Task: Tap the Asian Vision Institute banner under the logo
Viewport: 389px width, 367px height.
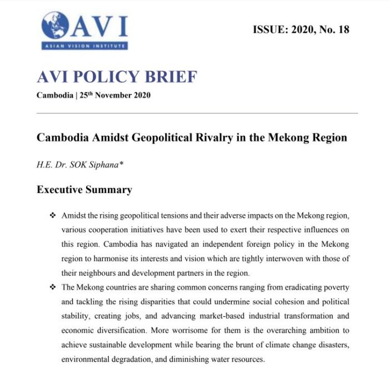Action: coord(83,46)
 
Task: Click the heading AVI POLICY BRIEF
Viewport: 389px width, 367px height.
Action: coord(117,76)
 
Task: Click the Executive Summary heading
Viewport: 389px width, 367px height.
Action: coord(84,190)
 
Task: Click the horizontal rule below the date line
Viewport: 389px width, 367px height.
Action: coord(197,113)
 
